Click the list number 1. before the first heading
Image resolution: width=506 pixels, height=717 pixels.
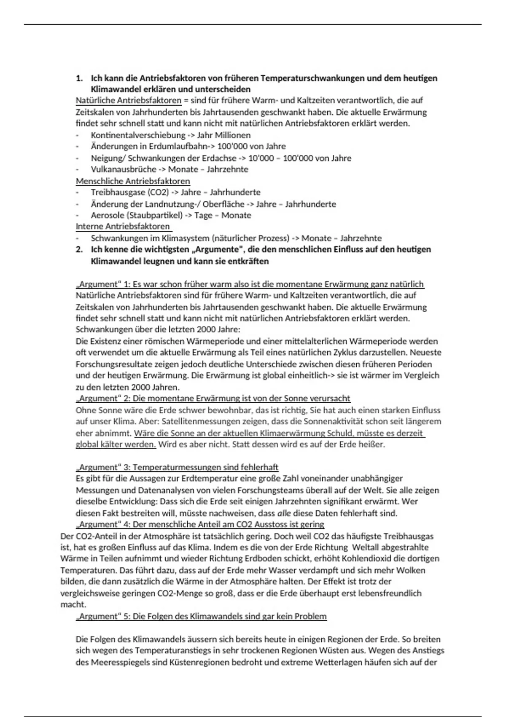point(79,78)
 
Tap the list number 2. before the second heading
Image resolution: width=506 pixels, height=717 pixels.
point(79,250)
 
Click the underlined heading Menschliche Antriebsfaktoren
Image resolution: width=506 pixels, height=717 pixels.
point(133,181)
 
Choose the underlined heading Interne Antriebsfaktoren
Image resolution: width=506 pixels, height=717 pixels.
point(123,226)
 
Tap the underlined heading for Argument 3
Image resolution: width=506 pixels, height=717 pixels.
point(177,467)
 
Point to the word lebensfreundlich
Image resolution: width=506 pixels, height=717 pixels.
point(390,593)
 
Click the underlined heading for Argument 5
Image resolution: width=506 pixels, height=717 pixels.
point(201,617)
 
